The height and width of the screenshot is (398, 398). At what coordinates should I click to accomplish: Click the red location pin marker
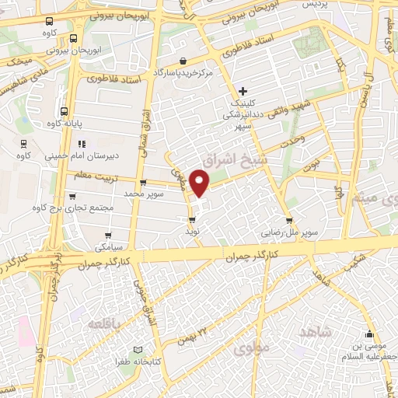(200, 183)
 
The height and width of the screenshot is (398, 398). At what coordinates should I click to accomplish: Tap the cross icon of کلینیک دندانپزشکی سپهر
(243, 91)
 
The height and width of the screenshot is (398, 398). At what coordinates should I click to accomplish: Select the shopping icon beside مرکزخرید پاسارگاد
(183, 61)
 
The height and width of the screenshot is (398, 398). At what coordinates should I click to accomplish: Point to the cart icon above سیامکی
(107, 234)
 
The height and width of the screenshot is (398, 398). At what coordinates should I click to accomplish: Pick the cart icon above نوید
(191, 221)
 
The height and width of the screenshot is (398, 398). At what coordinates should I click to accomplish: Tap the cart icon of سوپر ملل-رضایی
(290, 220)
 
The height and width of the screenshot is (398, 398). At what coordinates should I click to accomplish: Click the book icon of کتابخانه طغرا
(139, 351)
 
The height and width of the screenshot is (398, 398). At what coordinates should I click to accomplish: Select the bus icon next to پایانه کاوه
(65, 110)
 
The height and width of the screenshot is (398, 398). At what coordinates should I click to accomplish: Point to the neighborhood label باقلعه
(103, 323)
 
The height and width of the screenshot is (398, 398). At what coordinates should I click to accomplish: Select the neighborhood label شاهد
(315, 332)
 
